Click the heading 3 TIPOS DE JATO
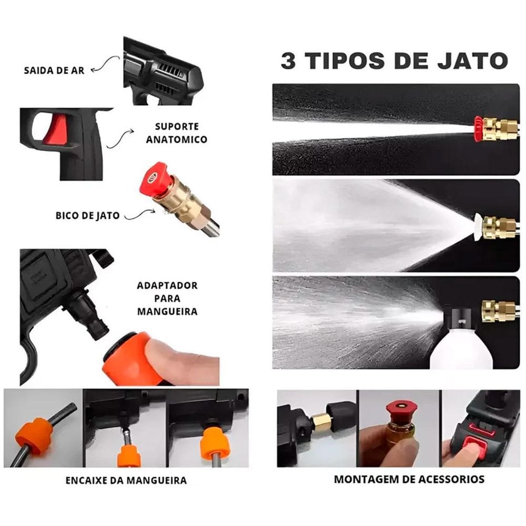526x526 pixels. coord(394,60)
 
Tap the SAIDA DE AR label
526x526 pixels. coord(54,70)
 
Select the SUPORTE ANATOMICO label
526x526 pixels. coord(177,133)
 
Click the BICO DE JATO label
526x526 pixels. coord(87,215)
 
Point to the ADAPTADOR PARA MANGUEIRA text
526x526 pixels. coord(167,298)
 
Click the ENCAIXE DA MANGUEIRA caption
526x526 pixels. coord(126,480)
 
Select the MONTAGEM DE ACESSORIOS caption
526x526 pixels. coord(409,479)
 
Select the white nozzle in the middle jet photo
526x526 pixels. coord(478,226)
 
